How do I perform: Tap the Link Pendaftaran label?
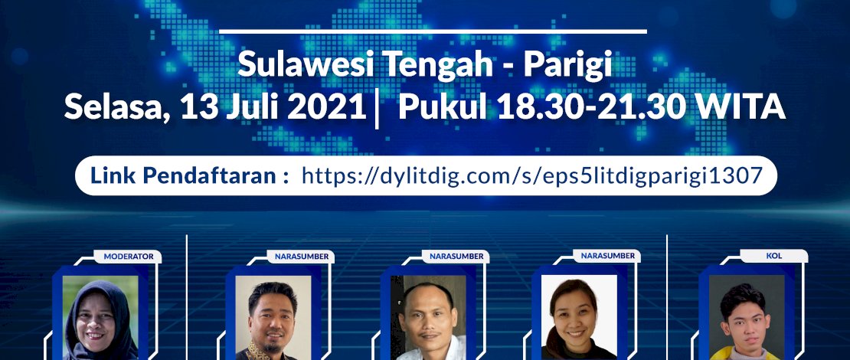coord(189,175)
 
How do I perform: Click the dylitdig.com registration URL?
coord(532,175)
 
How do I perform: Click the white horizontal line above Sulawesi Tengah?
coord(433,31)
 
